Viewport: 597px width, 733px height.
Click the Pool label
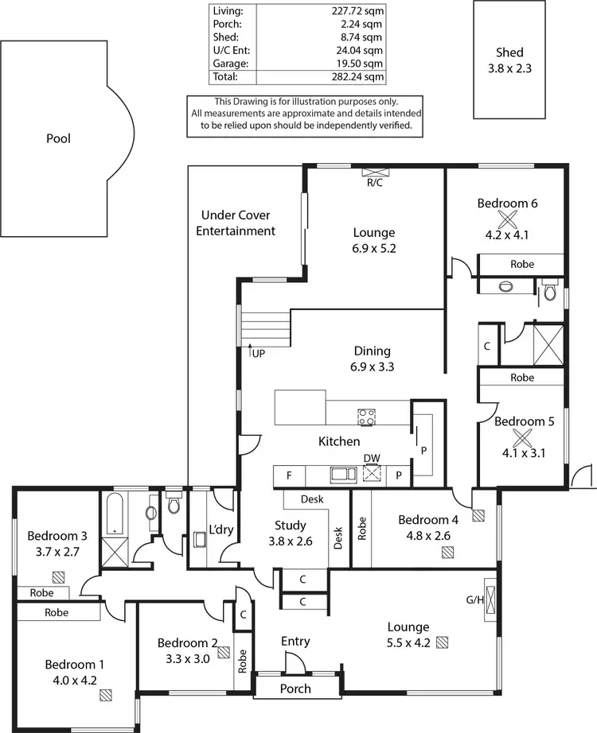click(58, 138)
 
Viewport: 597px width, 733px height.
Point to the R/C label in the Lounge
click(374, 182)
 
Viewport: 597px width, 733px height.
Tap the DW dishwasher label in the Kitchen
click(372, 458)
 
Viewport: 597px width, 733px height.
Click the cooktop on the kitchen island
click(367, 416)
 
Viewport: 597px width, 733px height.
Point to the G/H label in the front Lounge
click(475, 599)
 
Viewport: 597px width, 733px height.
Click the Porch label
click(296, 688)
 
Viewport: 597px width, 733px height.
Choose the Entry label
click(295, 641)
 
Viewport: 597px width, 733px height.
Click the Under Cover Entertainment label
click(236, 223)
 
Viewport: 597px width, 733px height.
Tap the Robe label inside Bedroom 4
click(362, 529)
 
